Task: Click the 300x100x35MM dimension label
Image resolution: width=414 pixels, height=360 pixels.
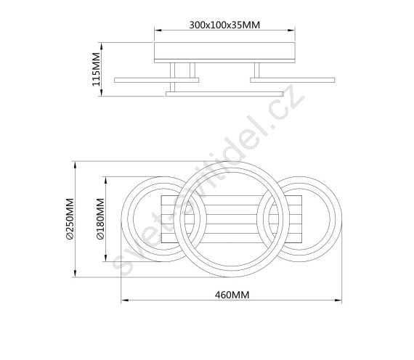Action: coord(224,25)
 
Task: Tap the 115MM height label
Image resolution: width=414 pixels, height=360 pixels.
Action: coord(96,69)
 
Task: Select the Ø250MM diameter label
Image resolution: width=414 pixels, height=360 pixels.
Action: coord(70,218)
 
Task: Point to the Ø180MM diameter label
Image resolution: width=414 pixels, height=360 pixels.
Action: coord(101,218)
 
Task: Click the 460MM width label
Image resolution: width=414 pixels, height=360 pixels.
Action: coord(232,295)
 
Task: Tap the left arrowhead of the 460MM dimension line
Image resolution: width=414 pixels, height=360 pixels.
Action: coord(125,300)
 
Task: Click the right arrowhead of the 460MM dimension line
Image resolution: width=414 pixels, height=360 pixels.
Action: coord(338,300)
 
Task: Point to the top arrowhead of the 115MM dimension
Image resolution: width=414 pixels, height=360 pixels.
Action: coord(102,46)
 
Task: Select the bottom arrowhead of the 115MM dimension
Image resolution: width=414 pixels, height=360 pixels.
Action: coord(102,92)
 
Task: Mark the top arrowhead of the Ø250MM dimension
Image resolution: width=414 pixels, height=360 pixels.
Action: coord(76,165)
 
